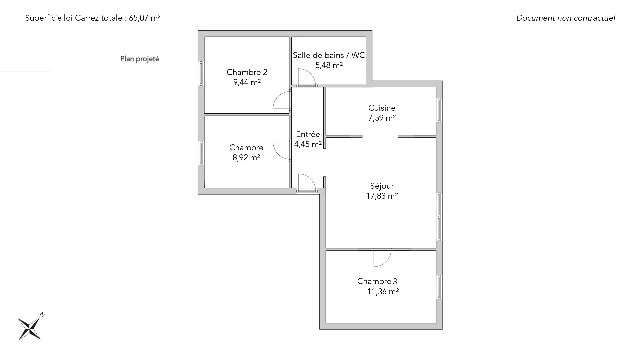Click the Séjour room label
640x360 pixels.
point(382,186)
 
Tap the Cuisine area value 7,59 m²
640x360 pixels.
point(382,118)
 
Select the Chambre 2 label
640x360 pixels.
point(247,72)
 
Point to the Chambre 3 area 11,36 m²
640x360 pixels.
point(383,292)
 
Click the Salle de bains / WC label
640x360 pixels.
point(329,55)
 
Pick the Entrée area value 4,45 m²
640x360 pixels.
point(308,144)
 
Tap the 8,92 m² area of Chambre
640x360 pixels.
point(246,158)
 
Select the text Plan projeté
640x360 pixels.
point(140,59)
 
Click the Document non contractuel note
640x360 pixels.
point(566,18)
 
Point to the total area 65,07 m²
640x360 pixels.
point(145,18)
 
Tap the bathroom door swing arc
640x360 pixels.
point(307,77)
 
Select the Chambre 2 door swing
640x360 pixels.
point(282,100)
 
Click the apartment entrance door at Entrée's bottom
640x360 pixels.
point(307,183)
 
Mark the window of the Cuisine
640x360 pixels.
point(439,110)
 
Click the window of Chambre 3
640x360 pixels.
point(439,287)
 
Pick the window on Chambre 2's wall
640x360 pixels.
point(201,73)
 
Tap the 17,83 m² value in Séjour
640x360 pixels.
point(382,196)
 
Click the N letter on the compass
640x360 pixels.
point(42,314)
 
